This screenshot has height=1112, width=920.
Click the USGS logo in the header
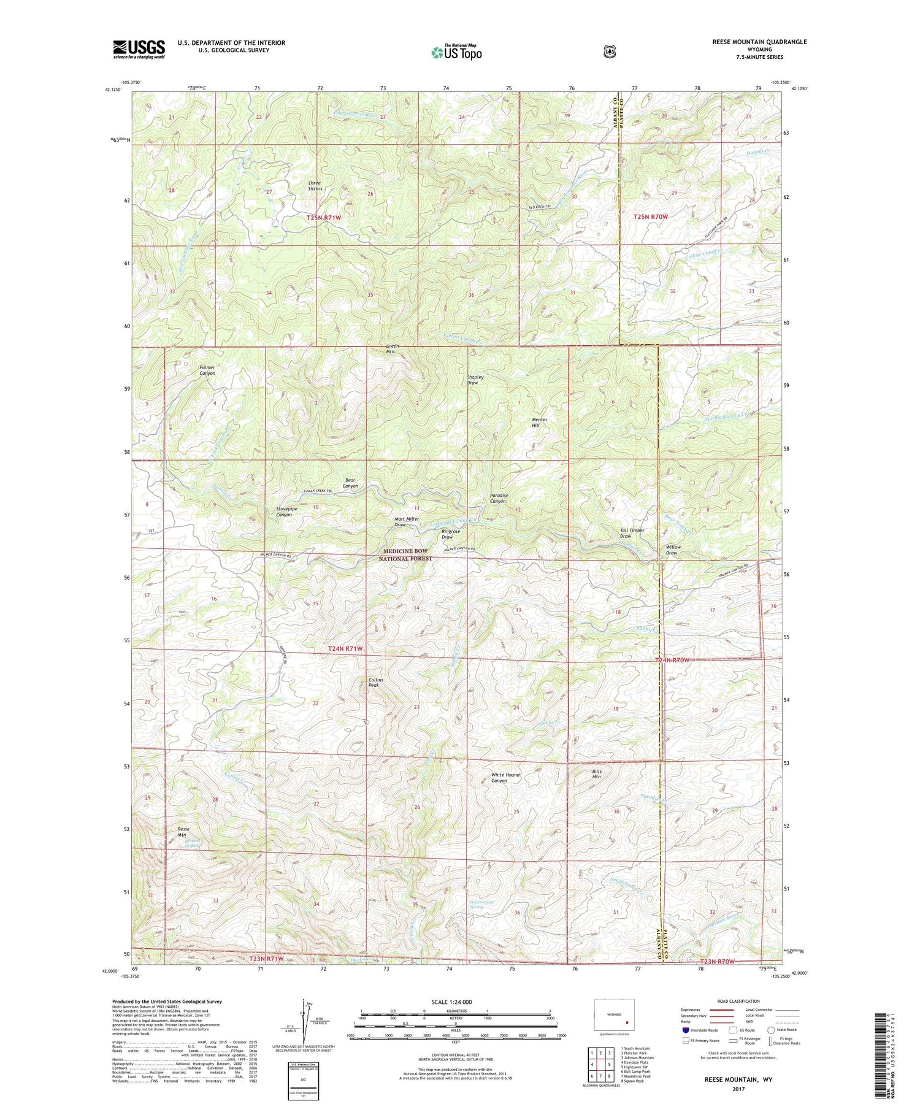(139, 49)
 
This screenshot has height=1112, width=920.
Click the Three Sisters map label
(315, 186)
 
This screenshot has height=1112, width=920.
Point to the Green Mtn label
(393, 349)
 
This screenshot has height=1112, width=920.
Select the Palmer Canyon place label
(207, 370)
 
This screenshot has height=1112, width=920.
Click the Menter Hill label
(539, 423)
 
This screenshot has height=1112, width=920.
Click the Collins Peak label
(375, 682)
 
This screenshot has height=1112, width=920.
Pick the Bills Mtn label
(596, 774)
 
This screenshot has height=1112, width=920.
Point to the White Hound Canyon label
(505, 778)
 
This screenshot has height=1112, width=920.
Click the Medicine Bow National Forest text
(405, 555)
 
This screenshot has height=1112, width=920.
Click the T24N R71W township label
(345, 648)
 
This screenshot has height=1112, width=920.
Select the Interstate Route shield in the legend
(686, 1030)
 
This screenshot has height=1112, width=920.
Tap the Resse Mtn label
(182, 832)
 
